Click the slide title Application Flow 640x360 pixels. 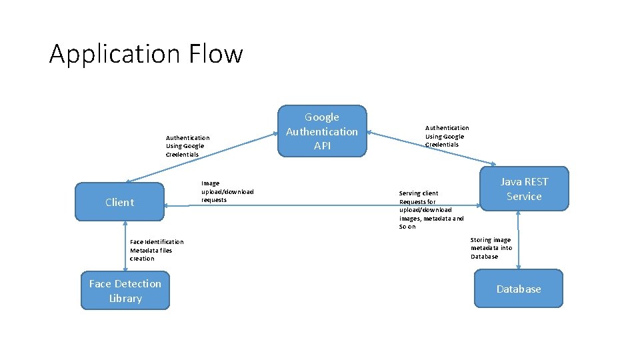click(x=146, y=53)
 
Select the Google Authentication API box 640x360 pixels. click(x=322, y=131)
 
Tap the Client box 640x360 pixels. click(x=119, y=202)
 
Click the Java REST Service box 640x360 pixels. click(x=524, y=189)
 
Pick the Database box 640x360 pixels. click(x=518, y=289)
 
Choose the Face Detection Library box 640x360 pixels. click(x=125, y=291)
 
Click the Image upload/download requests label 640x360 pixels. click(x=227, y=191)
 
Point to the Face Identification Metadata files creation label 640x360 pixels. click(x=157, y=250)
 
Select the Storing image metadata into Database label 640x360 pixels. click(x=491, y=248)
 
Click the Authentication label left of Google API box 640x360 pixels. click(x=187, y=146)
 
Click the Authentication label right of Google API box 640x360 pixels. click(x=447, y=136)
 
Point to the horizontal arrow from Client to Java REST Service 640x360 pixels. click(x=320, y=206)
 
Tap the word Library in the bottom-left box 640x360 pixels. click(x=125, y=299)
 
